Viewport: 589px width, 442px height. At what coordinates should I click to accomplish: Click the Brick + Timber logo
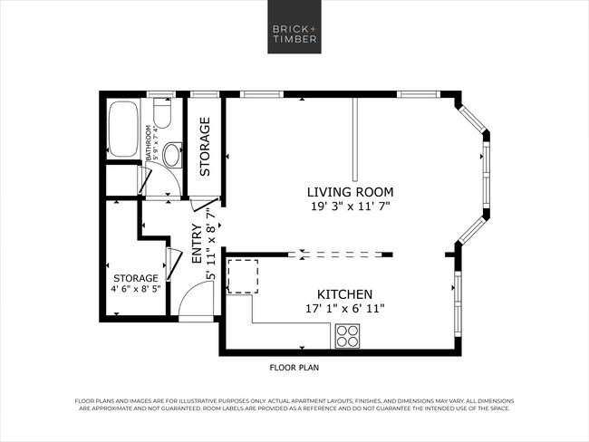point(294,34)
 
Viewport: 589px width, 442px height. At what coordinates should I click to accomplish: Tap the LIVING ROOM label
point(350,192)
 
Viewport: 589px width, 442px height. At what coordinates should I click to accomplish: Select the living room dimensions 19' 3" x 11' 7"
point(350,207)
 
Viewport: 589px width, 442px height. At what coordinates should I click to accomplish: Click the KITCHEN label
point(345,295)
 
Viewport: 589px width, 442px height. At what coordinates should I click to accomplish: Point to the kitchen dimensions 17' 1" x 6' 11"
point(345,309)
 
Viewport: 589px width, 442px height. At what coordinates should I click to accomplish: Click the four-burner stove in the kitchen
point(347,336)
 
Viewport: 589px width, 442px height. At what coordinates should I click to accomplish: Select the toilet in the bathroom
point(163,113)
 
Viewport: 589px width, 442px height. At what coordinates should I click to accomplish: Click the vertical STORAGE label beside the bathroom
point(205,147)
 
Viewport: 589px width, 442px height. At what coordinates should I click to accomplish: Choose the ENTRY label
point(197,244)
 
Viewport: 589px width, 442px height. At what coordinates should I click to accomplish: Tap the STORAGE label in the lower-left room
point(136,278)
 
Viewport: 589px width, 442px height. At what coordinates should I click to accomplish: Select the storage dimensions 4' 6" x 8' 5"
point(136,291)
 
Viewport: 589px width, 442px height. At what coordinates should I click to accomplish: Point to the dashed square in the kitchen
point(242,276)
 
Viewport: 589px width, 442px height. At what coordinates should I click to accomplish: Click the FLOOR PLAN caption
point(294,368)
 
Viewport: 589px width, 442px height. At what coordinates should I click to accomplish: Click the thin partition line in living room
point(355,135)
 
